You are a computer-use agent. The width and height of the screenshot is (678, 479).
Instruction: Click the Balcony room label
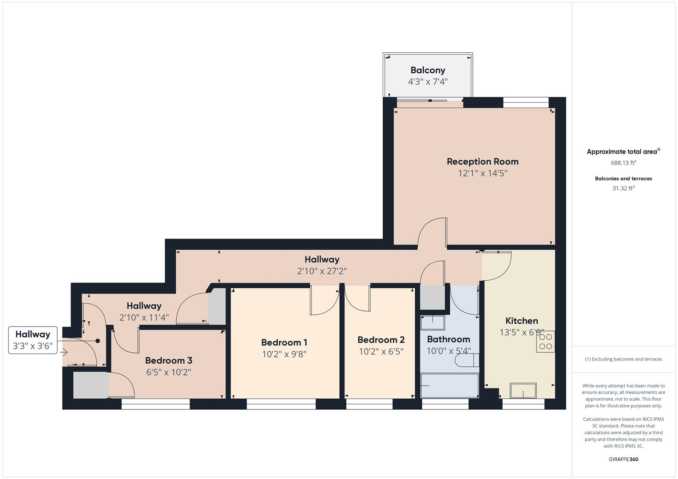[x=428, y=70]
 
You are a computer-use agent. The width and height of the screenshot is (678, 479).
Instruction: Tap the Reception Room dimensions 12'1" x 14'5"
[x=483, y=173]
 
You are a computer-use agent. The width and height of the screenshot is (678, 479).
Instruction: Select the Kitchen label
[x=521, y=321]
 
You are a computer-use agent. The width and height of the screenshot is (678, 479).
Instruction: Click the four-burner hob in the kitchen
[x=545, y=342]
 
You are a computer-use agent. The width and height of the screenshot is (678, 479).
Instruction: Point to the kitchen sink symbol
[x=523, y=391]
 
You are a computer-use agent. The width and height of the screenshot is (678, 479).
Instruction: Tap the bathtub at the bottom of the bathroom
[x=449, y=385]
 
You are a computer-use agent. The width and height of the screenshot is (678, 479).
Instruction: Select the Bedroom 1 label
[x=284, y=342]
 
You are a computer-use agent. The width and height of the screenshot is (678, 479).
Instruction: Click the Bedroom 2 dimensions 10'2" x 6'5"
[x=381, y=352]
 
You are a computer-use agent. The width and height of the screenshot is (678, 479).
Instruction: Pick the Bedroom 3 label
[x=169, y=361]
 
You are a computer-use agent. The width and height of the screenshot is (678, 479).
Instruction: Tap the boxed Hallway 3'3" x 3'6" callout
[x=33, y=340]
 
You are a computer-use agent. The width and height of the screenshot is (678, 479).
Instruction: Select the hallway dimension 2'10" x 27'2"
[x=322, y=271]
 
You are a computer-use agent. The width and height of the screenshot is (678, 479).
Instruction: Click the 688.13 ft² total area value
[x=623, y=163]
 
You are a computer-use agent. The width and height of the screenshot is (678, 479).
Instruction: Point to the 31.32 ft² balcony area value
[x=623, y=188]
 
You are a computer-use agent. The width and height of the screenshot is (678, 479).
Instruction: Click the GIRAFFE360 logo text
[x=623, y=459]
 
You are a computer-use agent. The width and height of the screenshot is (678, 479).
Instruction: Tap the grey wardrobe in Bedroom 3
[x=91, y=385]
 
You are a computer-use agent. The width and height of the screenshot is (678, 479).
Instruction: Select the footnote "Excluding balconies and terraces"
[x=623, y=359]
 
